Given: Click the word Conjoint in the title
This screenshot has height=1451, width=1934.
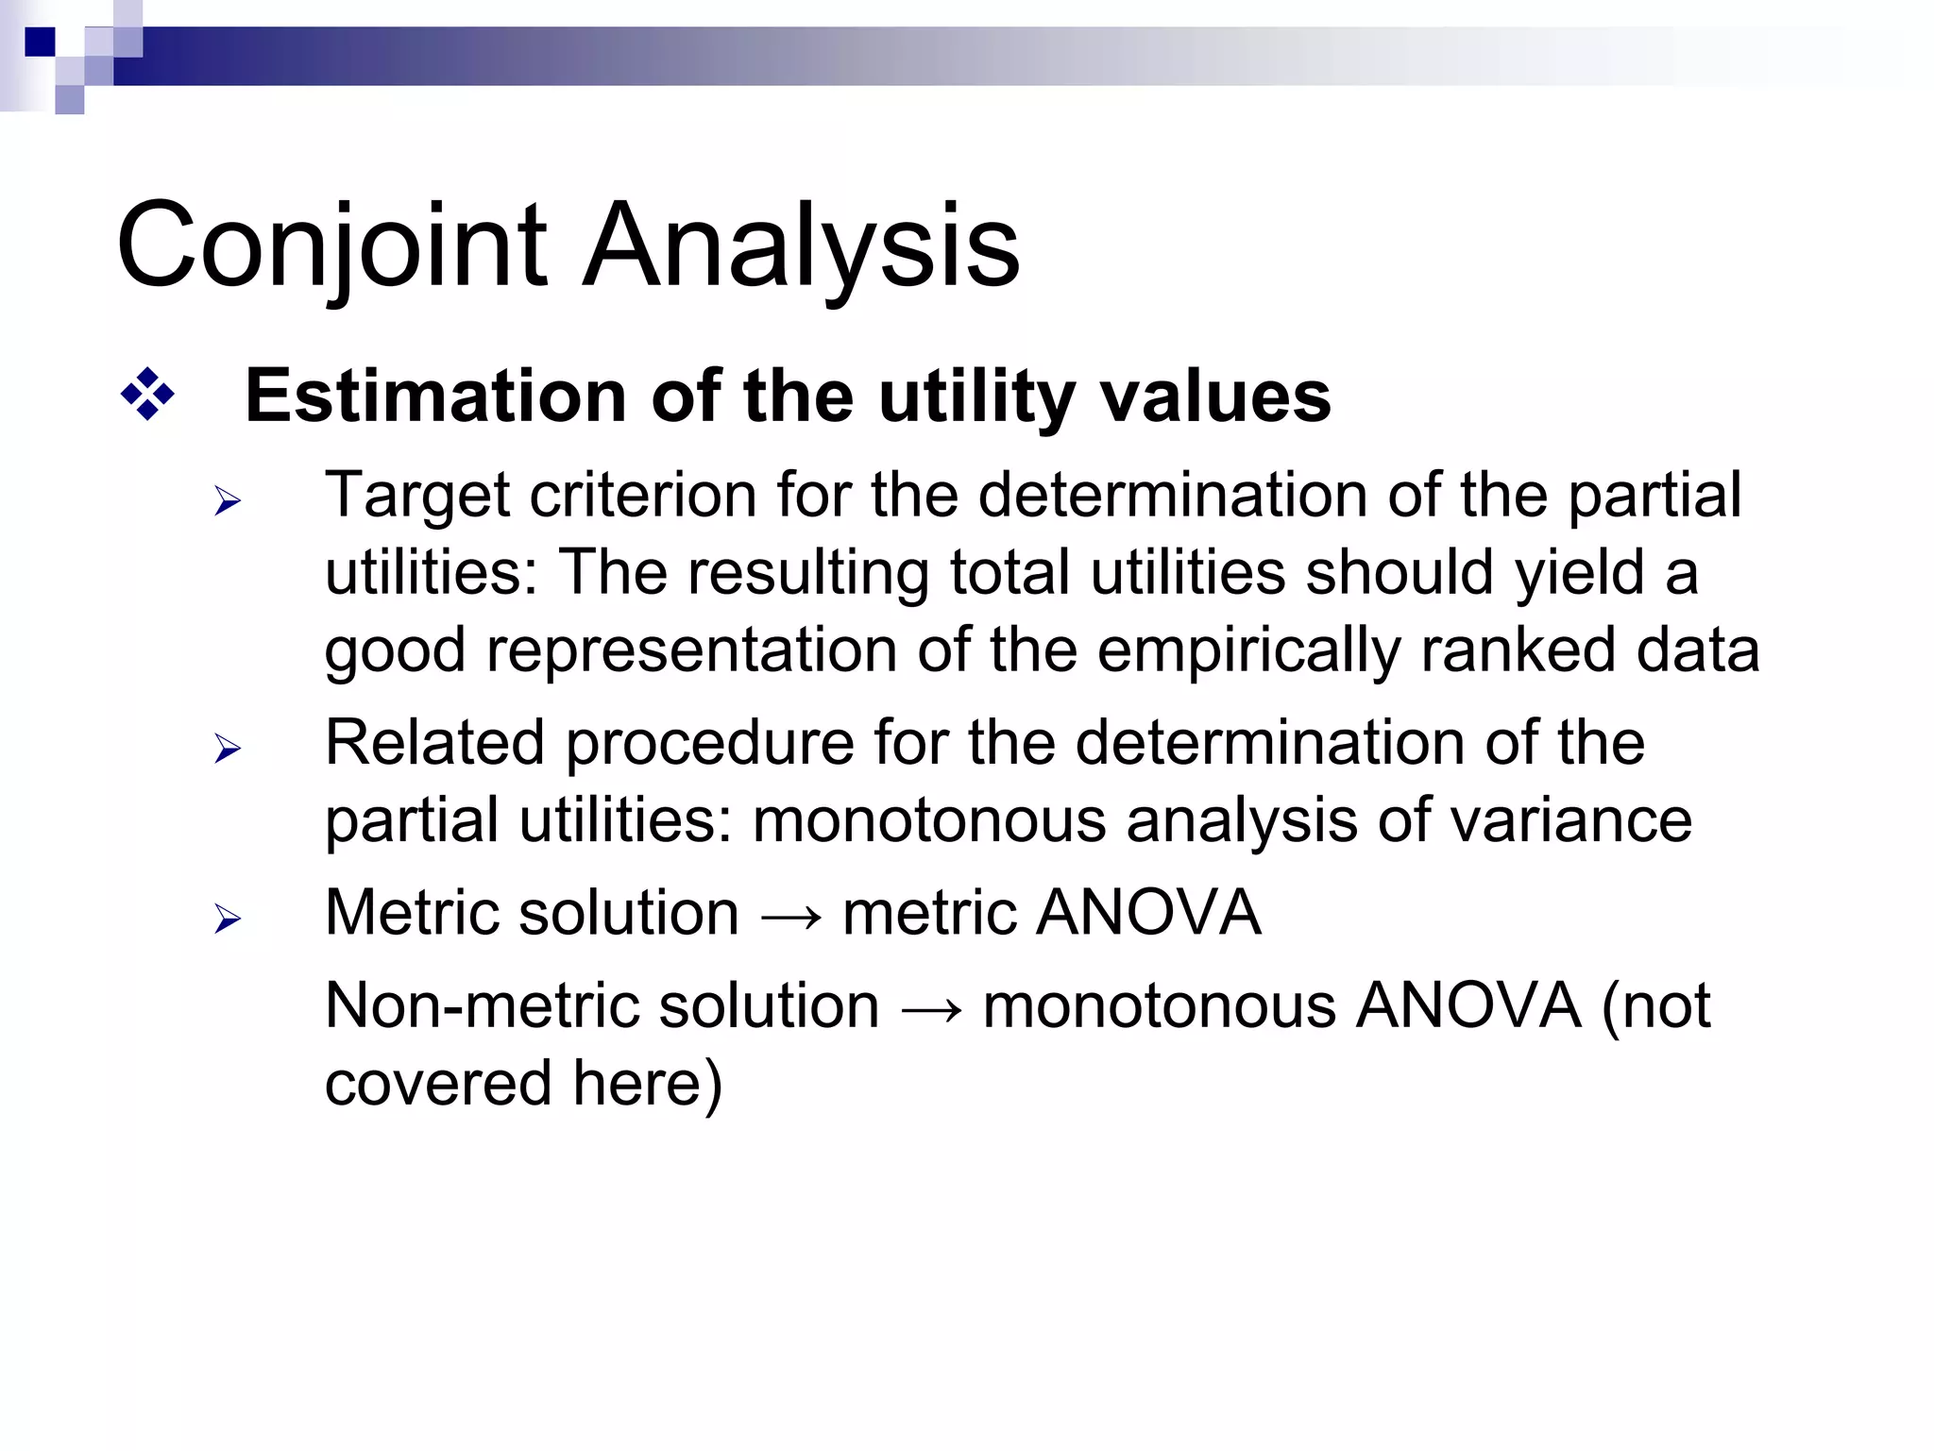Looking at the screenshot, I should tap(331, 247).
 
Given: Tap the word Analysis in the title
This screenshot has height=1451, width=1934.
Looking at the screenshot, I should tap(801, 247).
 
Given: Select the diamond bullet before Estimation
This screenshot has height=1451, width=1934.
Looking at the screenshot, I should tap(148, 395).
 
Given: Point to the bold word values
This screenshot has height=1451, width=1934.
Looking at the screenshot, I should tap(1217, 396).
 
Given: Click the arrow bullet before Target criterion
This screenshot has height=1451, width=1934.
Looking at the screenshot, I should tap(228, 501).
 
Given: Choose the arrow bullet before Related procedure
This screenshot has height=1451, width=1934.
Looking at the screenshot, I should tap(228, 750).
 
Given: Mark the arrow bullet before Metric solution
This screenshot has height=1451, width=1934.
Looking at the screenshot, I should tap(228, 919).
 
